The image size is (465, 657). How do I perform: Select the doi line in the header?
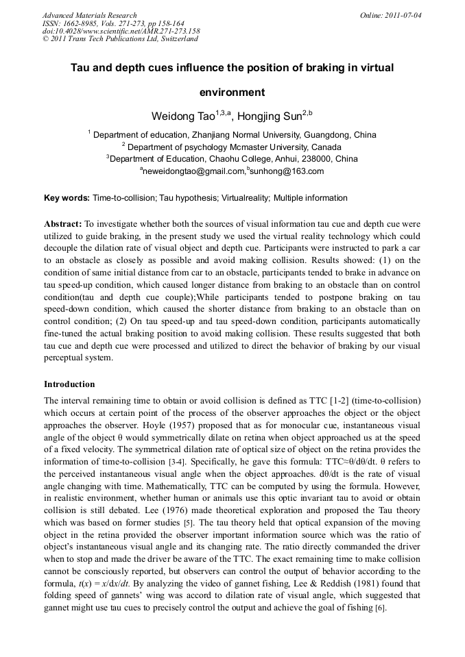(x=121, y=32)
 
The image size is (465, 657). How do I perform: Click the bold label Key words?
(x=67, y=199)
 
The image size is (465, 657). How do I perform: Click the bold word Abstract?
(x=63, y=224)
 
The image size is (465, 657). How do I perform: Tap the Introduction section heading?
(x=69, y=384)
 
